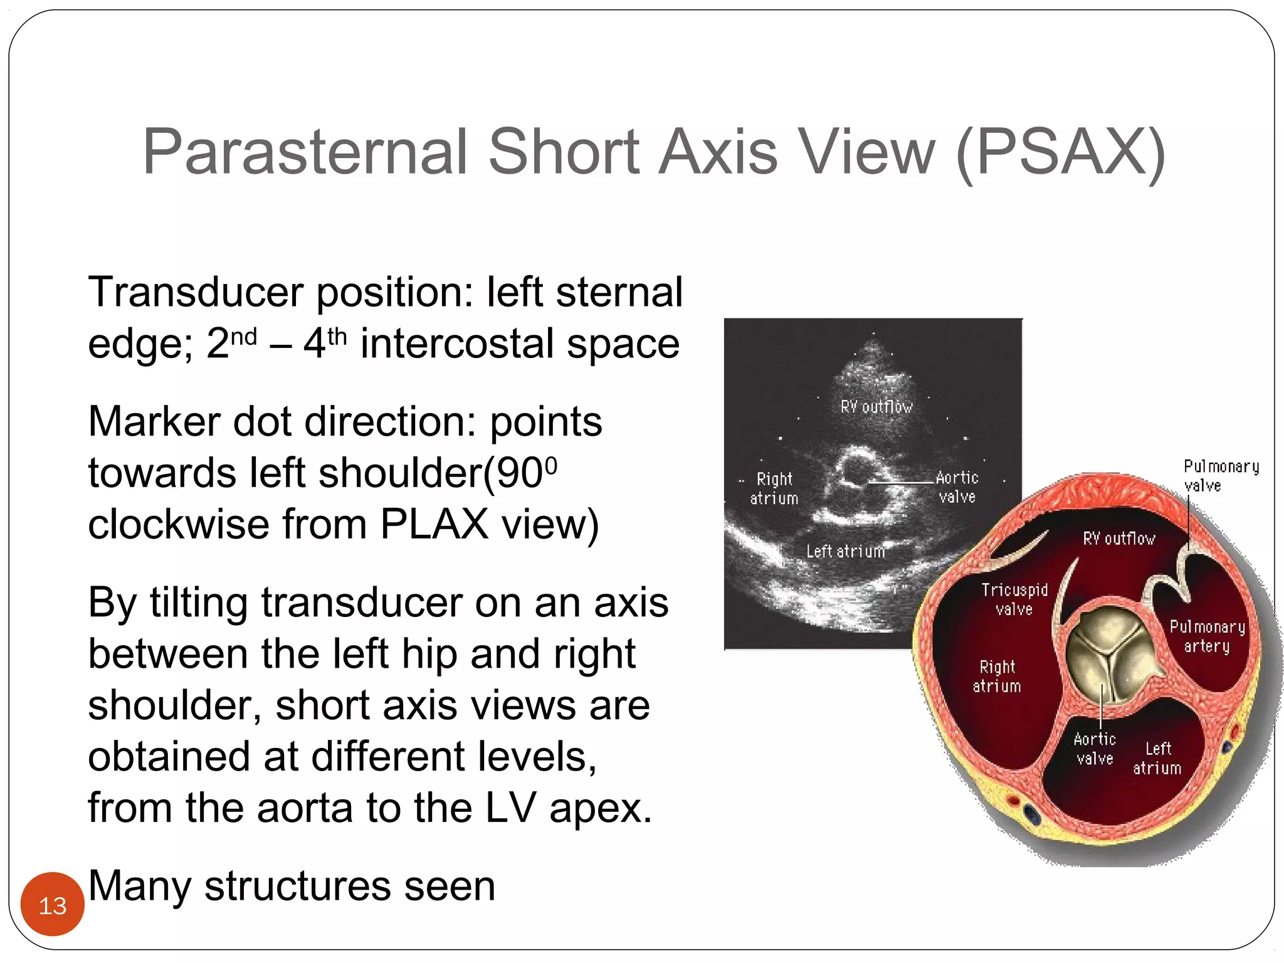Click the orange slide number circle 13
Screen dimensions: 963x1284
[x=52, y=905]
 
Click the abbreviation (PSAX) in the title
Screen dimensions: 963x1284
[x=1060, y=152]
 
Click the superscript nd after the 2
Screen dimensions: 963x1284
[x=244, y=337]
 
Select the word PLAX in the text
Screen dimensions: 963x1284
[x=434, y=524]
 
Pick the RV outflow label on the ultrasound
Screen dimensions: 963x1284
[x=876, y=407]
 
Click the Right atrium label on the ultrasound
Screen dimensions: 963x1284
[x=774, y=488]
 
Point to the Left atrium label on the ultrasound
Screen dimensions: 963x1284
[x=846, y=552]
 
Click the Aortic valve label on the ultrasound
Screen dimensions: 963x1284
[x=957, y=487]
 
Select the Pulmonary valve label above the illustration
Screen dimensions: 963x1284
[x=1220, y=475]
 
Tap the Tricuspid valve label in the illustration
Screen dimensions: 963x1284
[x=1014, y=599]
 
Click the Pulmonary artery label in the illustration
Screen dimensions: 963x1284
[x=1207, y=636]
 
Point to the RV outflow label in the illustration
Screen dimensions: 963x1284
[x=1119, y=539]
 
